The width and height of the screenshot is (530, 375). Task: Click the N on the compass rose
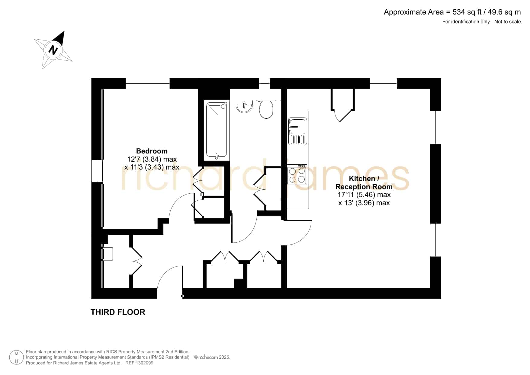point(53,50)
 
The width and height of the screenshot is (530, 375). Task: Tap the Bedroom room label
point(152,151)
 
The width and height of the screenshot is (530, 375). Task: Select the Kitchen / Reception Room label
point(364,183)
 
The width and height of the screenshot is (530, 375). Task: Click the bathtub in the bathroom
point(217,130)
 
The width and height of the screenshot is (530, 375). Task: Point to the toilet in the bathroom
point(266,109)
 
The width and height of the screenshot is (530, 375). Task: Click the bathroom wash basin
point(244,106)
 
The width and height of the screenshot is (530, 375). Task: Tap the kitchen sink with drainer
point(298,131)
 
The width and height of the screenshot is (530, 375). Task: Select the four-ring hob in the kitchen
point(297,175)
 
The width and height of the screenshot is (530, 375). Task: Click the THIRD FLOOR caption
point(118,312)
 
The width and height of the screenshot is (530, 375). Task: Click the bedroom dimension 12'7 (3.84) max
point(152,159)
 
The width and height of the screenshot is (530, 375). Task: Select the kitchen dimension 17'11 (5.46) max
point(364,195)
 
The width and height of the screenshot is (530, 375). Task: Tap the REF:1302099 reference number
point(139,363)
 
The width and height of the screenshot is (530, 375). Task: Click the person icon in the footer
point(17,357)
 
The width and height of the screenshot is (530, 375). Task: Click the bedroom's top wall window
point(147,83)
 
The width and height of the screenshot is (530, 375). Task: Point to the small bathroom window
point(264,83)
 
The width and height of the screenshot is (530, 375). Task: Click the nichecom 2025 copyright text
point(212,357)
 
